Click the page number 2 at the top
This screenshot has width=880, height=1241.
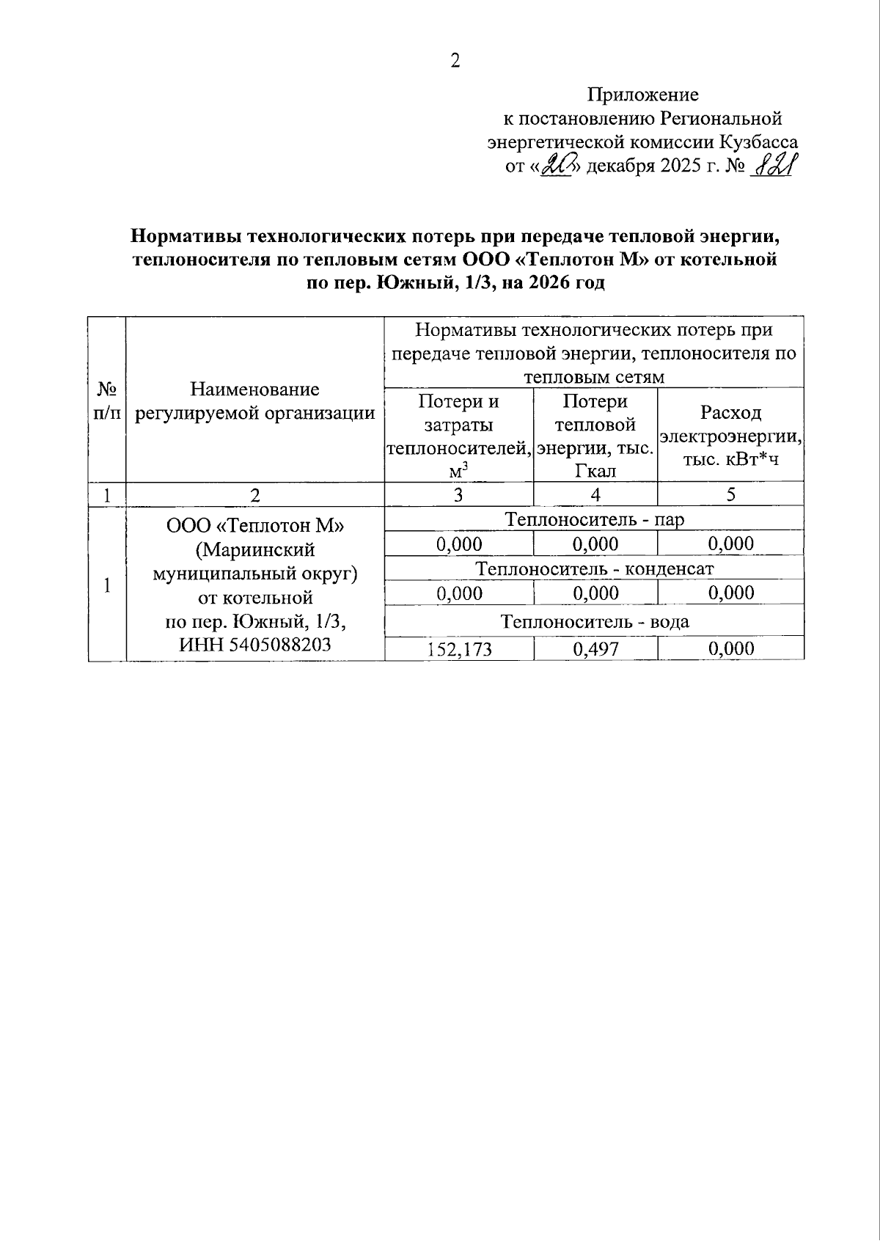(x=455, y=61)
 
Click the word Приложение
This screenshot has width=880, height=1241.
(x=642, y=95)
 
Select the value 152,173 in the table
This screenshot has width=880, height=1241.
(x=460, y=649)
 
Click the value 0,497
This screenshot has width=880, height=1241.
(x=595, y=649)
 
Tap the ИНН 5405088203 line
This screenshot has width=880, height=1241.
(x=254, y=645)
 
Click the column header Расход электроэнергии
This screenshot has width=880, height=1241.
(x=730, y=436)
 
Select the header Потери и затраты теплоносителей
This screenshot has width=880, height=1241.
(x=458, y=436)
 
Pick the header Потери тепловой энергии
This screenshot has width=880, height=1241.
(x=595, y=436)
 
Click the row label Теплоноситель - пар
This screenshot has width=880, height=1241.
(x=594, y=520)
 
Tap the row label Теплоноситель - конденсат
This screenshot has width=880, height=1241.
(x=594, y=568)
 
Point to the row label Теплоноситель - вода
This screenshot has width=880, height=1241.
(x=594, y=622)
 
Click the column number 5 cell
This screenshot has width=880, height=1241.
(x=730, y=494)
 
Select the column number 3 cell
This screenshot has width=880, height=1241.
(x=458, y=494)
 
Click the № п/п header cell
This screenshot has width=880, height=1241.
(x=107, y=400)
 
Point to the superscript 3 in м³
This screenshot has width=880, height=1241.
(x=465, y=464)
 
